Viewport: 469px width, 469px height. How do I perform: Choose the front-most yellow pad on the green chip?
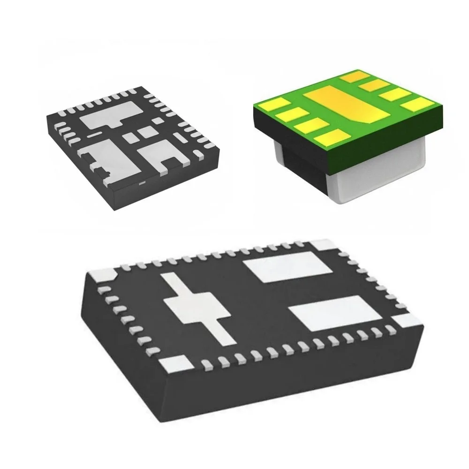point(328,137)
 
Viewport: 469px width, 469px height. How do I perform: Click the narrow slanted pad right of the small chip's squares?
point(179,137)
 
